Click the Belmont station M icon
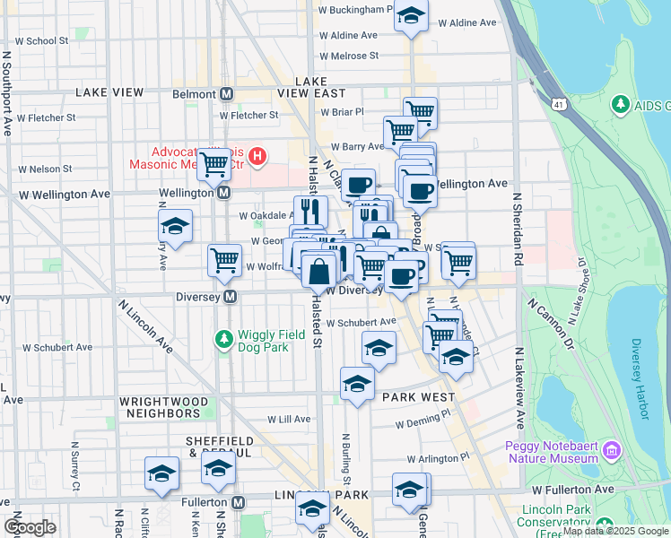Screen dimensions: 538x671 [227, 94]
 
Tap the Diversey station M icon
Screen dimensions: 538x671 [231, 297]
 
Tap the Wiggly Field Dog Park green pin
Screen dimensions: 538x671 [223, 340]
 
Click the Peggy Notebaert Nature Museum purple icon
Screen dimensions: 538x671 [613, 448]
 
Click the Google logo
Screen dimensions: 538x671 [30, 527]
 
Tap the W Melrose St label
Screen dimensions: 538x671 [354, 56]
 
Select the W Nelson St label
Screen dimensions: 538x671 [43, 169]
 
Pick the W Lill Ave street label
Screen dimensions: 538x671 [289, 419]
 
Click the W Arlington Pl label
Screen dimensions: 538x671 [438, 457]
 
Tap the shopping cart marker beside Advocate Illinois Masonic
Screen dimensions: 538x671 [213, 164]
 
